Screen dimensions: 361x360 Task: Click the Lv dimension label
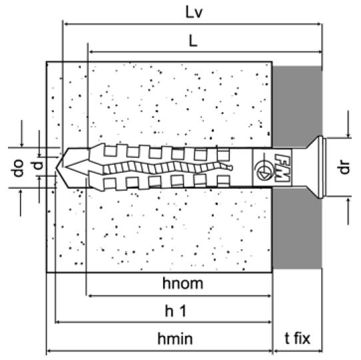(x=194, y=13)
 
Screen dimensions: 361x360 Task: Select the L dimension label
(x=193, y=41)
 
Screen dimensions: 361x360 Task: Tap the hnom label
(x=182, y=283)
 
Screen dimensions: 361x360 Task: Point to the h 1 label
(x=175, y=311)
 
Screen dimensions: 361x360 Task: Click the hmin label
(x=175, y=339)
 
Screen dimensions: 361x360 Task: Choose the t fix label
(x=298, y=339)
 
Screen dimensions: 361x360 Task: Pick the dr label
(x=344, y=167)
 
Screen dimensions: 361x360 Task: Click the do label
(x=18, y=168)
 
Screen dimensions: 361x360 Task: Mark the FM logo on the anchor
(x=282, y=167)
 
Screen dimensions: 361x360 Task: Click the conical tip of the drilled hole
(x=57, y=168)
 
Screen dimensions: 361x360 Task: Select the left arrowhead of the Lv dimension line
(x=67, y=24)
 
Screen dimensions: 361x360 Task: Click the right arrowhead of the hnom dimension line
(x=269, y=296)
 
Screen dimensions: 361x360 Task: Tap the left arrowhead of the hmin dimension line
(x=49, y=351)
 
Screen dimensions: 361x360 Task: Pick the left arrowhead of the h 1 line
(x=58, y=322)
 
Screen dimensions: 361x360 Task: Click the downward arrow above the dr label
(x=348, y=125)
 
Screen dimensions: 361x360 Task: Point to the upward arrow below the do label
(x=21, y=203)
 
